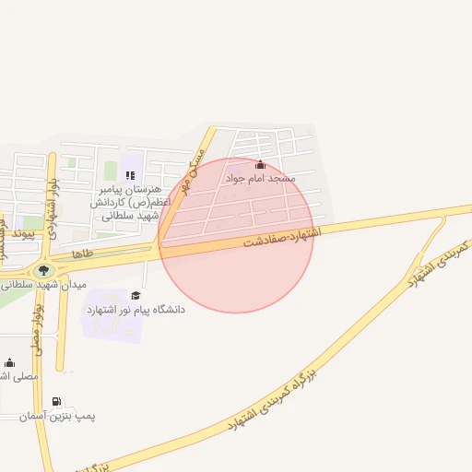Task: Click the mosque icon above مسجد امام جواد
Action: (x=259, y=165)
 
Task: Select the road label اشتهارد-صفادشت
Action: (x=281, y=237)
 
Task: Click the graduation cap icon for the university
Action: (x=136, y=295)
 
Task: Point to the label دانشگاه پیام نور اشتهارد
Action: (x=136, y=310)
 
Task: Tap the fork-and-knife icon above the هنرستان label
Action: (x=130, y=175)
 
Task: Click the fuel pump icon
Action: (x=57, y=402)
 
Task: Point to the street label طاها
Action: (x=83, y=252)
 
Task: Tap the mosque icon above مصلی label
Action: (x=9, y=362)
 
